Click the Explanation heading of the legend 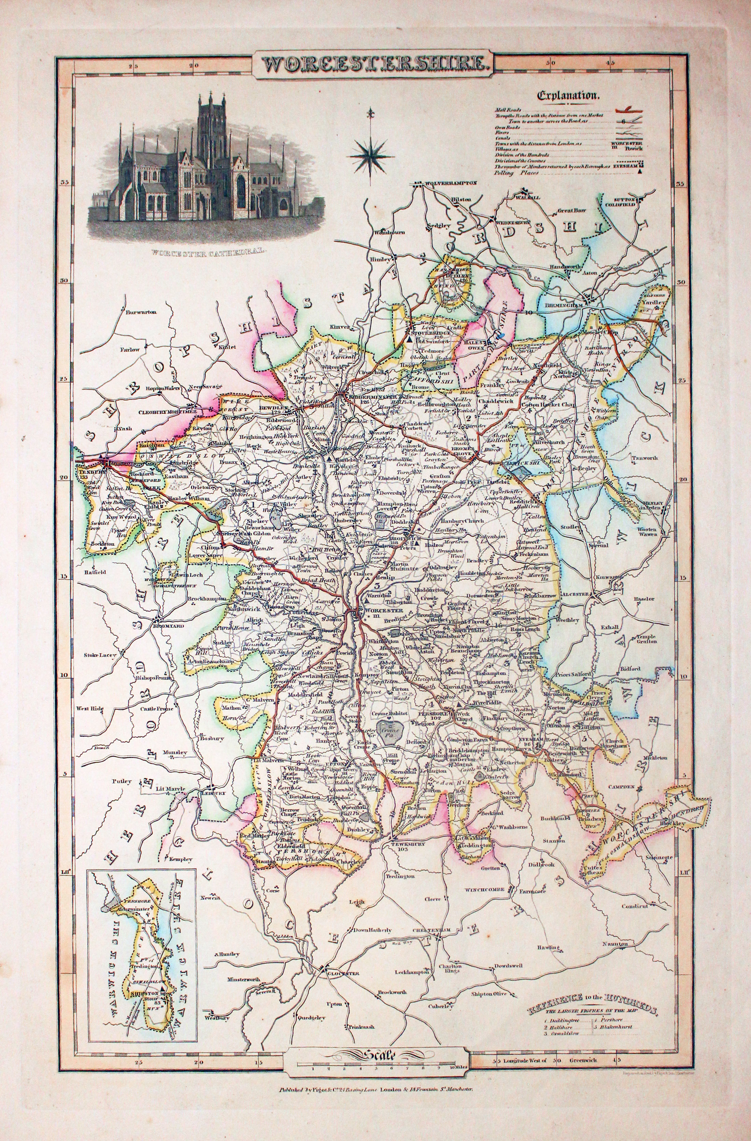pyautogui.click(x=569, y=95)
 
